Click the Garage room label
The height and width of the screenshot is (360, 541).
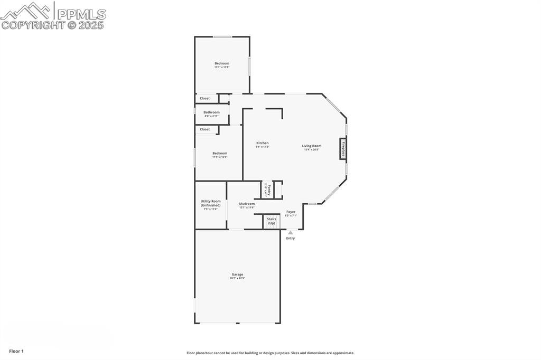click(237, 274)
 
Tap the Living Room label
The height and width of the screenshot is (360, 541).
click(312, 146)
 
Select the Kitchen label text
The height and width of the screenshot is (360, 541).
click(263, 143)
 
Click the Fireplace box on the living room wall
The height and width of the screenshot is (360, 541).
click(343, 149)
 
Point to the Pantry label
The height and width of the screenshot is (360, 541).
click(268, 188)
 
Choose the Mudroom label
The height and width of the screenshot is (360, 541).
click(247, 204)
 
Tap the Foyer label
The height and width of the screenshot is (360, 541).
click(291, 212)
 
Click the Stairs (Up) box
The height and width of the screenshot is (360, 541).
click(272, 221)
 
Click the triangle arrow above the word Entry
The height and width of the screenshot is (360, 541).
click(290, 232)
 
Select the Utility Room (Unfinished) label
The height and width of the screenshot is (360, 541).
click(210, 203)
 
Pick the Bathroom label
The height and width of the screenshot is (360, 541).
click(211, 112)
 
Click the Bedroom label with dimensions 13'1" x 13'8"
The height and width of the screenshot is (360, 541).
click(222, 63)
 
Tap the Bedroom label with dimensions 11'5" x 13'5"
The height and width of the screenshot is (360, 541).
click(220, 153)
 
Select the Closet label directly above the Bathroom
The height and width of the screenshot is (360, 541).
click(204, 98)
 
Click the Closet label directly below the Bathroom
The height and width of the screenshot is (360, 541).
click(204, 129)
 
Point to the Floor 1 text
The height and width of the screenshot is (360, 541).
click(16, 351)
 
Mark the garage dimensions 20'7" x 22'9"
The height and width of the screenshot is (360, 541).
click(237, 278)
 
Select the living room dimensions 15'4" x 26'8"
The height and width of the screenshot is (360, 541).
click(312, 150)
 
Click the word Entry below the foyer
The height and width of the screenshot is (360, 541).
click(291, 239)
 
